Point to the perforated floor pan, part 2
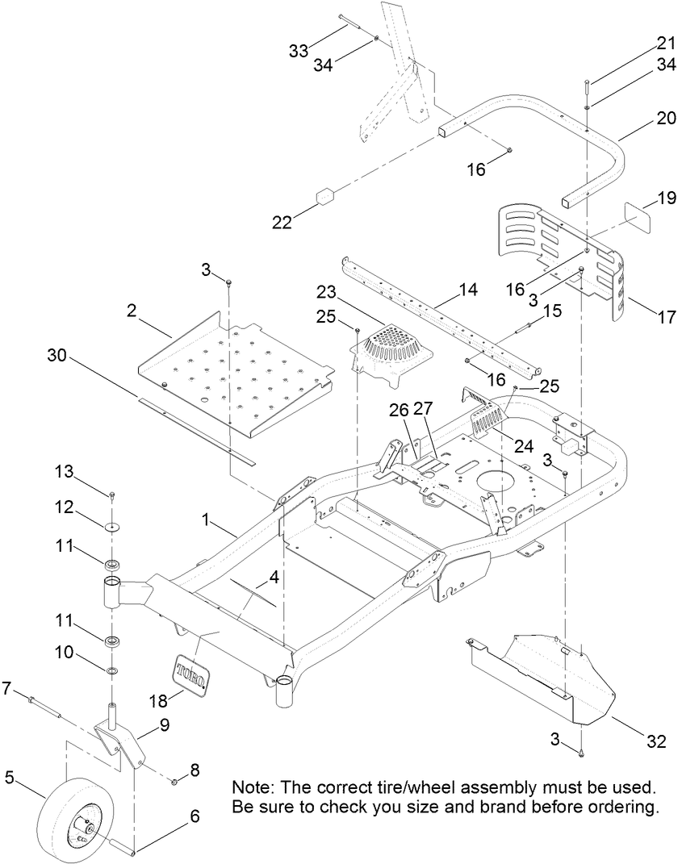click(x=234, y=370)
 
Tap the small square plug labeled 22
click(x=327, y=198)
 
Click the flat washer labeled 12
click(x=111, y=527)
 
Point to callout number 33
click(x=299, y=52)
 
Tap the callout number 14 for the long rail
click(x=467, y=288)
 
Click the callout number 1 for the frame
click(x=207, y=522)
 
